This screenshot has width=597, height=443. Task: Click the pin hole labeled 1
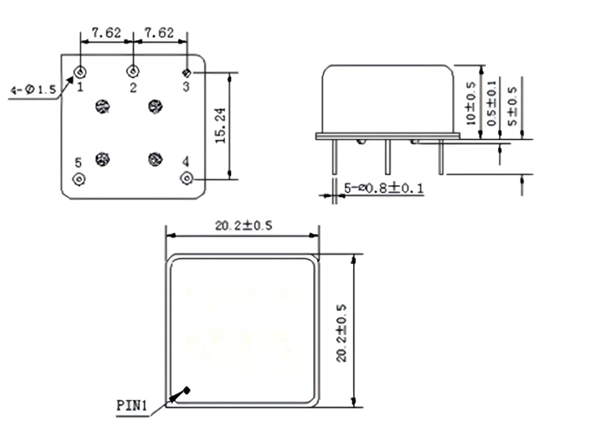(x=80, y=72)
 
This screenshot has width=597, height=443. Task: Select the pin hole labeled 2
(x=132, y=72)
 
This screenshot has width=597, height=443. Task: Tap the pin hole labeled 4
(x=187, y=178)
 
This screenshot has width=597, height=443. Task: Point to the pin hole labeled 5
(x=80, y=178)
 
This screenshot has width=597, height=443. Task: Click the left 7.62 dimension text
(x=106, y=33)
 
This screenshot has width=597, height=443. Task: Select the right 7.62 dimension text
(x=159, y=33)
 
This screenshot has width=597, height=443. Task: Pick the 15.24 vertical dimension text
(x=219, y=125)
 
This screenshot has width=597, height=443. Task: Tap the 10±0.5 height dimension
(x=471, y=102)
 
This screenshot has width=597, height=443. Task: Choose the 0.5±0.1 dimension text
(x=490, y=102)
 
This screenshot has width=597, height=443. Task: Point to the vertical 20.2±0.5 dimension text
(x=341, y=333)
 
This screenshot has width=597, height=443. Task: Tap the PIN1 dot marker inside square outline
(x=188, y=390)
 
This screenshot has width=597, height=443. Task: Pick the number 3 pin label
(x=186, y=86)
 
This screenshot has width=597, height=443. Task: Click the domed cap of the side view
(x=386, y=98)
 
